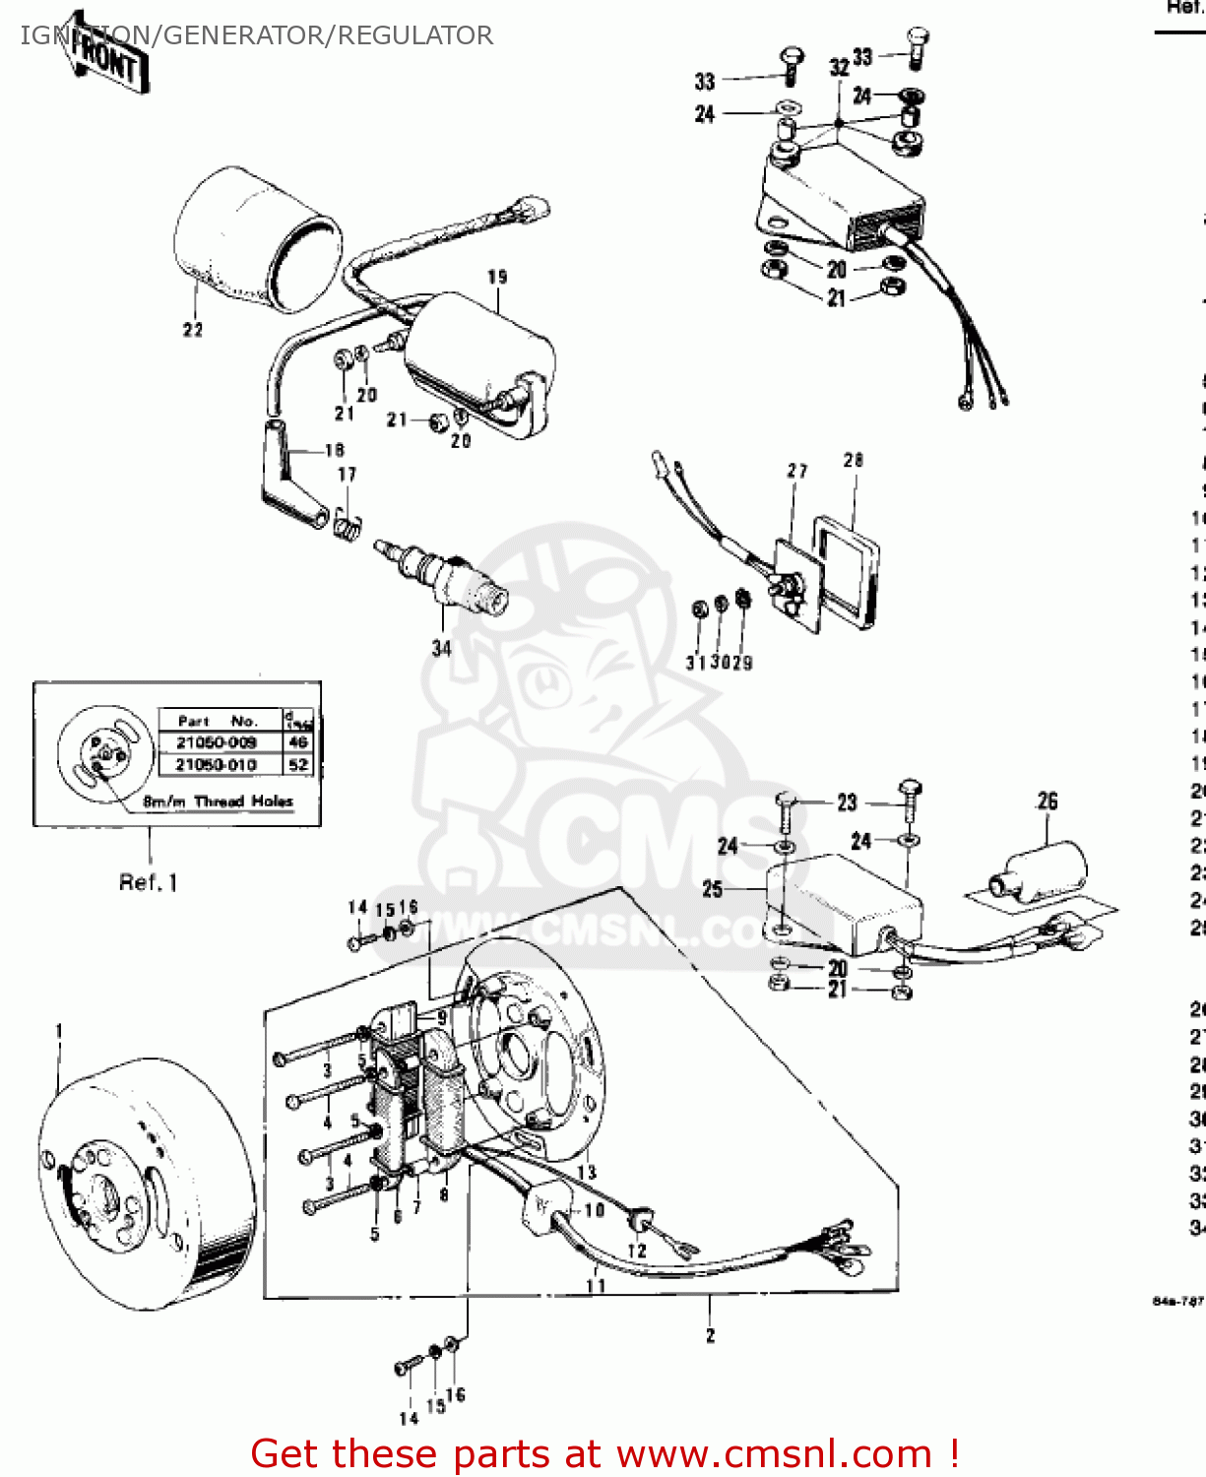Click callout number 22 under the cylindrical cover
193,330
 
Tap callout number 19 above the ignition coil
497,278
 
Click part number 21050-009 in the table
217,742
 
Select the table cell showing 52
298,764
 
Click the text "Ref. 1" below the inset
149,882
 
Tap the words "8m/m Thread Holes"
219,802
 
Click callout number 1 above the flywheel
59,1031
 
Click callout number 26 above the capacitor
1047,802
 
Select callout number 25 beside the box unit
713,889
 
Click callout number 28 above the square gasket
854,460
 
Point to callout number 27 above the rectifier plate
797,472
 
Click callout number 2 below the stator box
710,1336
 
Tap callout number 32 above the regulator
839,67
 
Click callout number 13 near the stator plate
587,1173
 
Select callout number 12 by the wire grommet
637,1251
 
